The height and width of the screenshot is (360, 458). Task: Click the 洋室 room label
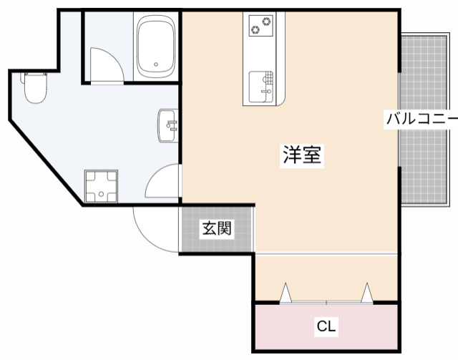(x=301, y=154)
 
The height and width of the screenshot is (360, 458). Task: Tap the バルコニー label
(x=421, y=119)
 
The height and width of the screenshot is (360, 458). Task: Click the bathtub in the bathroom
(x=155, y=47)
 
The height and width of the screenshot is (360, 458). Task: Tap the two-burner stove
(x=262, y=26)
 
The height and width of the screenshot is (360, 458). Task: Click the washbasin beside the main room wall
(x=169, y=126)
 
